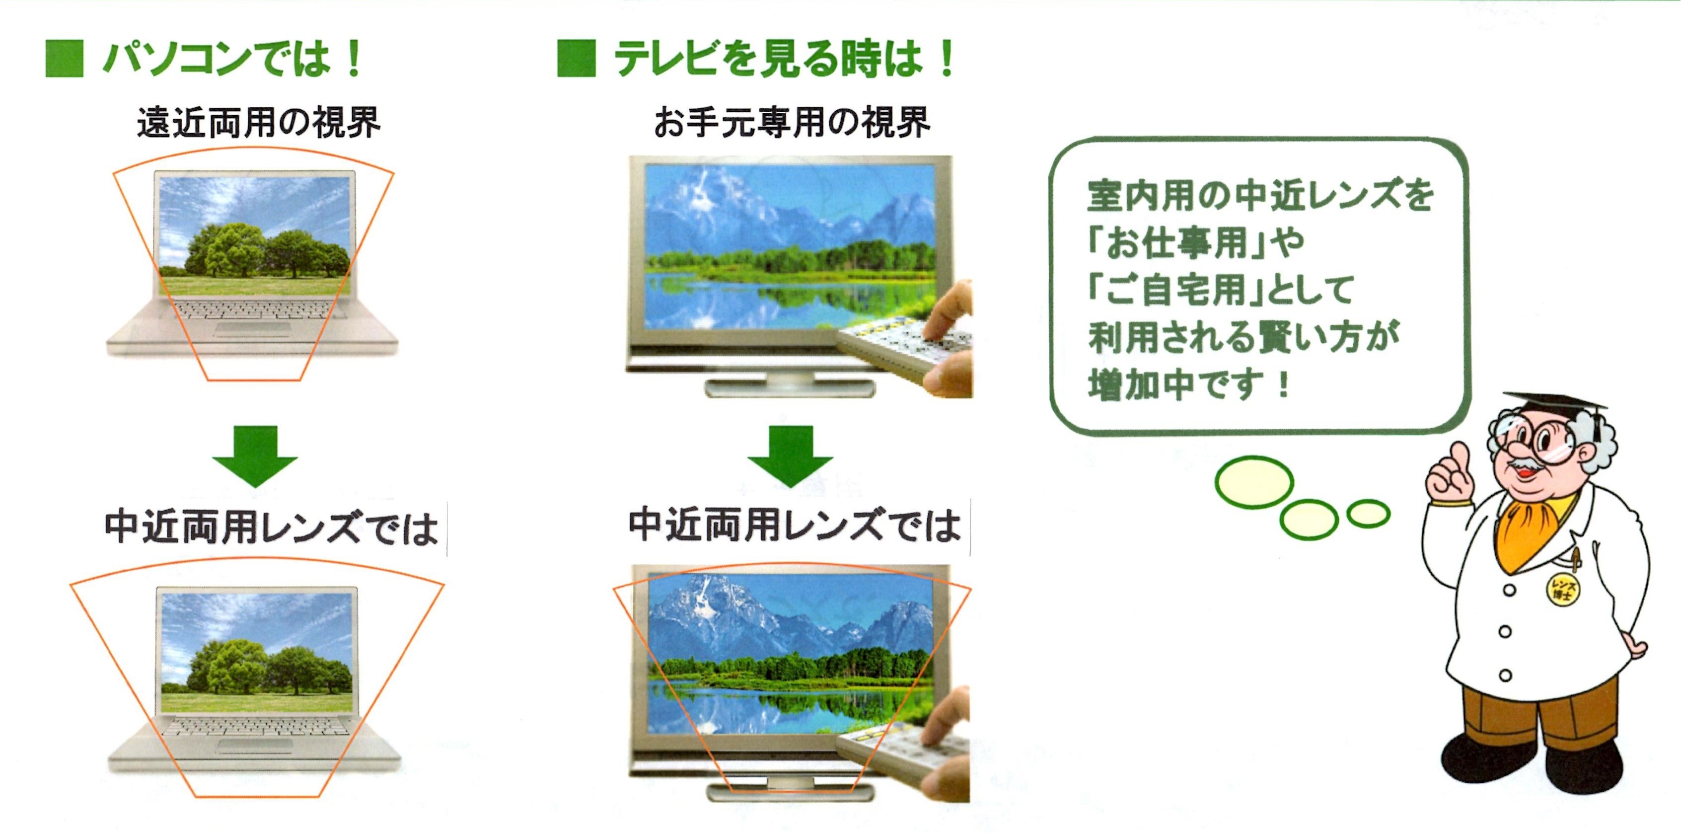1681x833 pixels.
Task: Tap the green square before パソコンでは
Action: coord(65,59)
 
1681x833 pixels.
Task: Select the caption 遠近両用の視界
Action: coord(258,122)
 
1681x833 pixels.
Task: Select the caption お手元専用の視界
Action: coord(792,122)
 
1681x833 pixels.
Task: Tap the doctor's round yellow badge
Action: coord(1563,588)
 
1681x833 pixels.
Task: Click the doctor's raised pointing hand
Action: coord(1450,476)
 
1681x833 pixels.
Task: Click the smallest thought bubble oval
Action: coord(1369,514)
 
